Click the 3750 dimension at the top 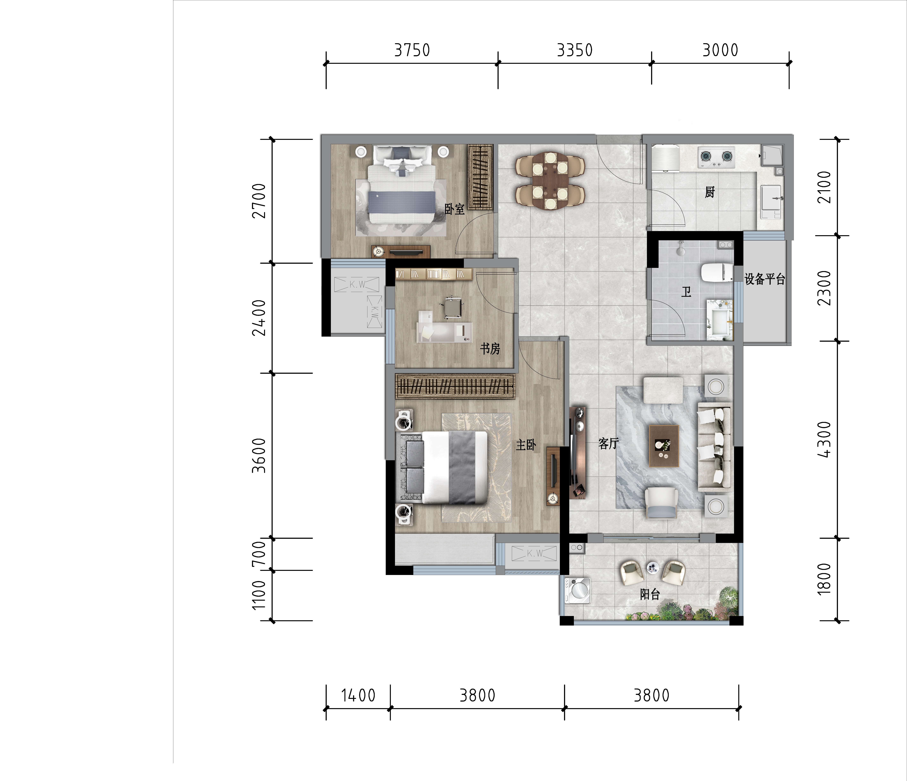pos(412,50)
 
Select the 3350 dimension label pos(575,50)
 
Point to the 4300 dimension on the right pos(824,439)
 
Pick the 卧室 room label pos(454,209)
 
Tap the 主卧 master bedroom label pos(526,445)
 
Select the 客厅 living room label pos(608,443)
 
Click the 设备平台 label pos(765,279)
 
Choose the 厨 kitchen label pos(710,192)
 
